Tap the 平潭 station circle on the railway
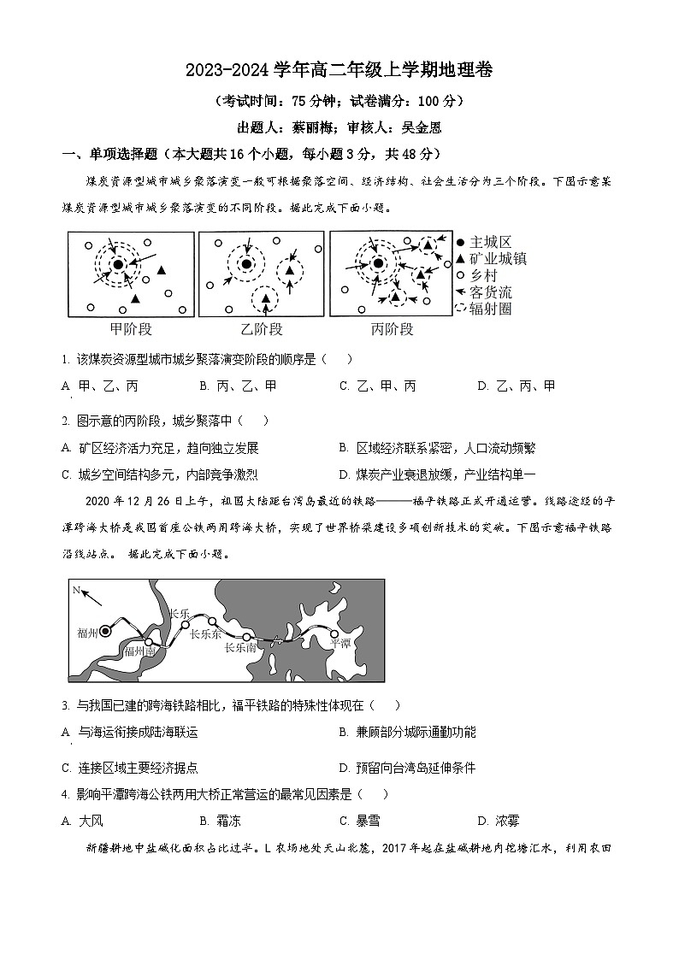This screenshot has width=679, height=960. coord(334,633)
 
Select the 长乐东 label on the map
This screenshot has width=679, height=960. coord(205,633)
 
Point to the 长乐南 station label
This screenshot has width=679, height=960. coord(239,648)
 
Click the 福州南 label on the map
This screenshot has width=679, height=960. coord(139,651)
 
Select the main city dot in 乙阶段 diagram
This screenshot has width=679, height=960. coord(246,264)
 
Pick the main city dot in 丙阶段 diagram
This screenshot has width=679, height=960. coord(377,264)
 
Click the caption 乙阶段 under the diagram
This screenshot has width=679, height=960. coord(262,329)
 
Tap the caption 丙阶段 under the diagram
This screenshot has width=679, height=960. coord(393,329)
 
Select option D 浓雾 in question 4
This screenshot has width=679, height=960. coord(498,821)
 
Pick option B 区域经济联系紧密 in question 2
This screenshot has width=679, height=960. coord(437,447)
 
